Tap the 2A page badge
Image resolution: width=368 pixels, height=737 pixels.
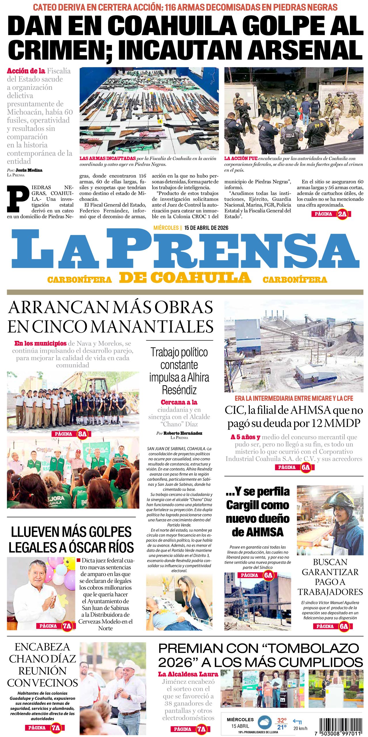342,214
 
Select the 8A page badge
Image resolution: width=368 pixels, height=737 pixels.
82,434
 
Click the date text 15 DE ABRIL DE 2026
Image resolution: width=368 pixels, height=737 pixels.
206,228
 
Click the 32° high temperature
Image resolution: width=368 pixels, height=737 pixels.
281,720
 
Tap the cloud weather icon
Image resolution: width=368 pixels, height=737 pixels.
265,723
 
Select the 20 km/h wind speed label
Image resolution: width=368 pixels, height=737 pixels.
300,728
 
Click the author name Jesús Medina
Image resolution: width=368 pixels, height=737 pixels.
29,170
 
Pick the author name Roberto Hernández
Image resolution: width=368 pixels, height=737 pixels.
183,433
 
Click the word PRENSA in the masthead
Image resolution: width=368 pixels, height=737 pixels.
233,249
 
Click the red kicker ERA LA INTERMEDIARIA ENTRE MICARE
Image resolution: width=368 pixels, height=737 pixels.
293,398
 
